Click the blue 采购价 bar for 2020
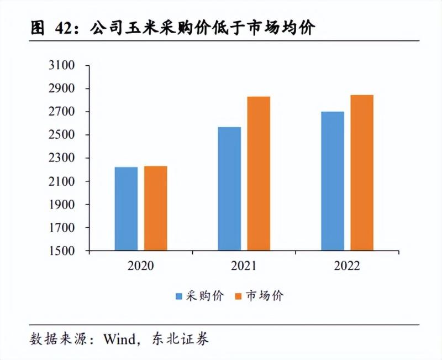point(126,208)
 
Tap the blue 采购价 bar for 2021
point(229,189)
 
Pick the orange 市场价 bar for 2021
point(259,173)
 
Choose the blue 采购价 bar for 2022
point(333,181)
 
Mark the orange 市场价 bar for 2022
point(362,173)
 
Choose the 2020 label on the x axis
point(140,266)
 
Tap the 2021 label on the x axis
point(244,266)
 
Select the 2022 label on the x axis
point(347,266)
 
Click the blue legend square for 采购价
point(179,296)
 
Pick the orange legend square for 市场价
point(238,296)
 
